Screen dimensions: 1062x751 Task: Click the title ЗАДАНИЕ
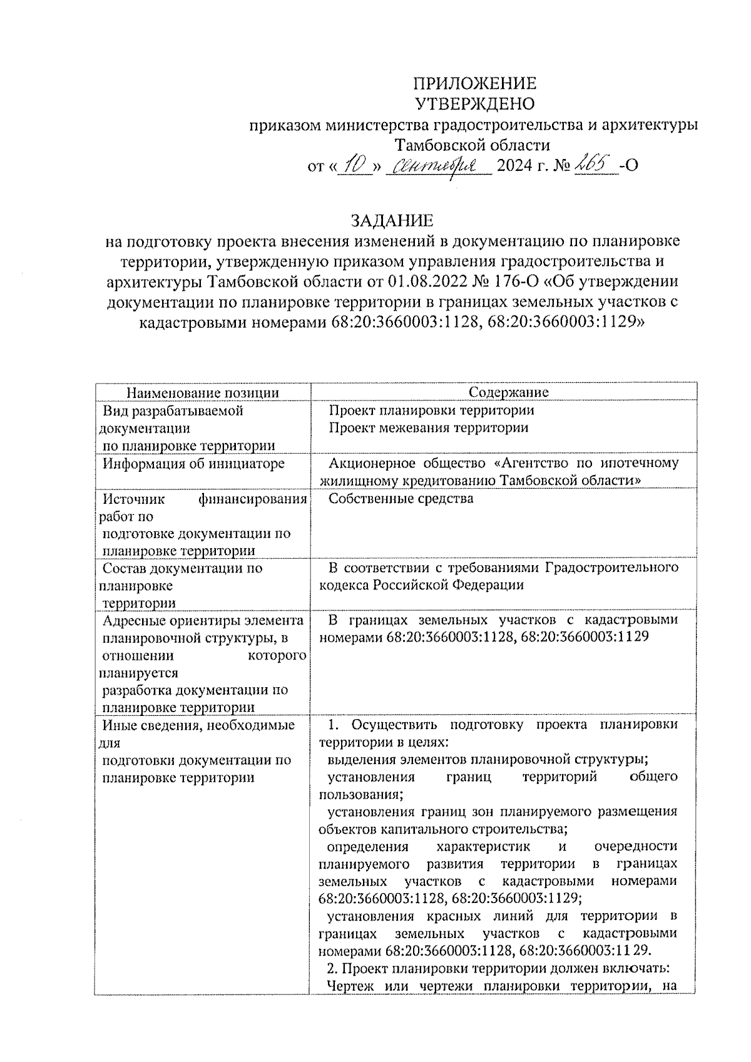392,221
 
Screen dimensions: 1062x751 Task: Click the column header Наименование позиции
203,392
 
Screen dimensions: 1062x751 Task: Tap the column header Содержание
508,392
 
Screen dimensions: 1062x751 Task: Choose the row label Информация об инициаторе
194,464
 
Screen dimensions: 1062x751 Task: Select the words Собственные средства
401,499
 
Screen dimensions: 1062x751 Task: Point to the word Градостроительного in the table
611,568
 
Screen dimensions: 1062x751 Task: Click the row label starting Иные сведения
198,725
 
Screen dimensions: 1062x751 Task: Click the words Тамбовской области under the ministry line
473,145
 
